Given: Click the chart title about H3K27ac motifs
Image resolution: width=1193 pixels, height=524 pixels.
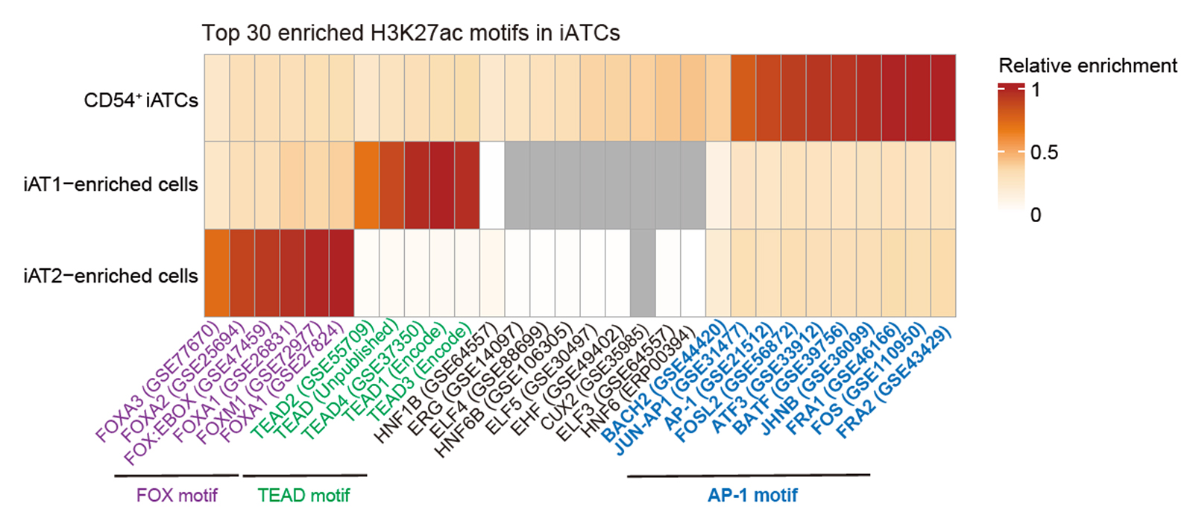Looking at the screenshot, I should coord(410,34).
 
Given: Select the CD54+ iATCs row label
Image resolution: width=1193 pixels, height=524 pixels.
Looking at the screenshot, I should coord(141,100).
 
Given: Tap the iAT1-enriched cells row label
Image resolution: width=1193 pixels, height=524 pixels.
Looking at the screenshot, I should coord(110,184).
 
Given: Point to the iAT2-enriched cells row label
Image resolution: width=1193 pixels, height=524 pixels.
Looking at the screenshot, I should coord(110,276).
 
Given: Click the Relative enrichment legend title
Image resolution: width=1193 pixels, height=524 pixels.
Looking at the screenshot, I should coord(1087,66).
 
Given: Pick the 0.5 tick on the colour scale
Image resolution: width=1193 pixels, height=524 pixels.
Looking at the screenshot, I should coord(1044,153).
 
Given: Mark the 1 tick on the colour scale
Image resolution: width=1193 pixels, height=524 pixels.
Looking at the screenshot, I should coord(1035,90).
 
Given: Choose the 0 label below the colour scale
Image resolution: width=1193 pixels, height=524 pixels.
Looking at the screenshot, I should coord(1035,215).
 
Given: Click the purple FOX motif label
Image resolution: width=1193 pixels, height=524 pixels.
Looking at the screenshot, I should coord(177,495).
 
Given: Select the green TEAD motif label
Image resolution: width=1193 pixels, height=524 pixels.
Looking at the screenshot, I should coord(303,495).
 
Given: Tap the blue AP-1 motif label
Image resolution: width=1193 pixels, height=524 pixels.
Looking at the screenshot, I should coord(752,495).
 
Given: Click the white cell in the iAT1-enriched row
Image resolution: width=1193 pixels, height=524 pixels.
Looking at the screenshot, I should coord(492,185).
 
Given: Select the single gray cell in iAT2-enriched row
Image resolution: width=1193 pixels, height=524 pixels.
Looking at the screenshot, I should coord(643,273).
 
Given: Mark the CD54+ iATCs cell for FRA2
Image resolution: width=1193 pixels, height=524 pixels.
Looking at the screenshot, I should coord(942,98).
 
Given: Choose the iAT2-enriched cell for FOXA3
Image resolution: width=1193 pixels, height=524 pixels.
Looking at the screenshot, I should coord(217,273).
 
